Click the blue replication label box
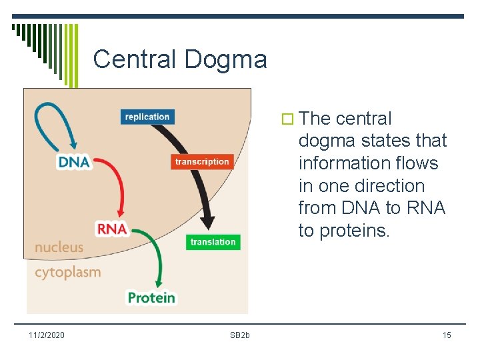pos(147,117)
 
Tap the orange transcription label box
pos(202,161)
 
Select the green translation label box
pos(213,242)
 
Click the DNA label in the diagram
pos(74,162)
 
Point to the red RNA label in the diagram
pos(112,229)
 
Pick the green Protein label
pos(151,297)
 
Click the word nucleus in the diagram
pos(59,247)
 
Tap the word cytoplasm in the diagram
pos(67,272)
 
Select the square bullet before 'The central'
pos(288,119)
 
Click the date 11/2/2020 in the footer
pos(47,335)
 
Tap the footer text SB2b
pos(240,335)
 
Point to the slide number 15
pos(447,335)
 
